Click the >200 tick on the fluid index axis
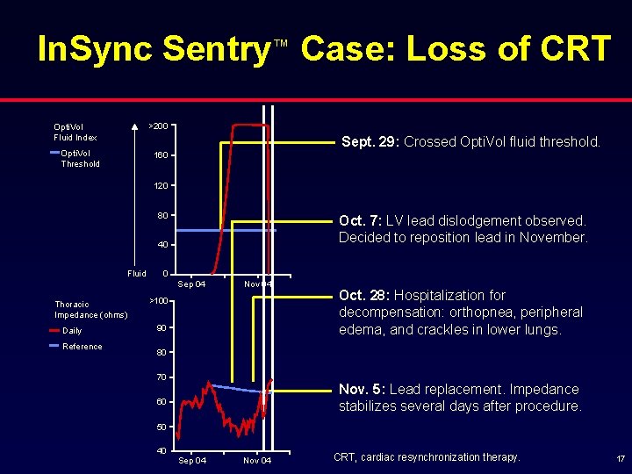click(159, 126)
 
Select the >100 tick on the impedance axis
click(157, 301)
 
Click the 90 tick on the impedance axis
click(161, 328)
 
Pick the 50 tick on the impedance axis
click(161, 427)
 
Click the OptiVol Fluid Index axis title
click(75, 132)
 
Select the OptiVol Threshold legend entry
click(80, 158)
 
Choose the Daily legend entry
click(72, 331)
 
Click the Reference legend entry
click(82, 346)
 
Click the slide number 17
click(620, 458)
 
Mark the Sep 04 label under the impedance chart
click(192, 461)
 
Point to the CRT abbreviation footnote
click(427, 457)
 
